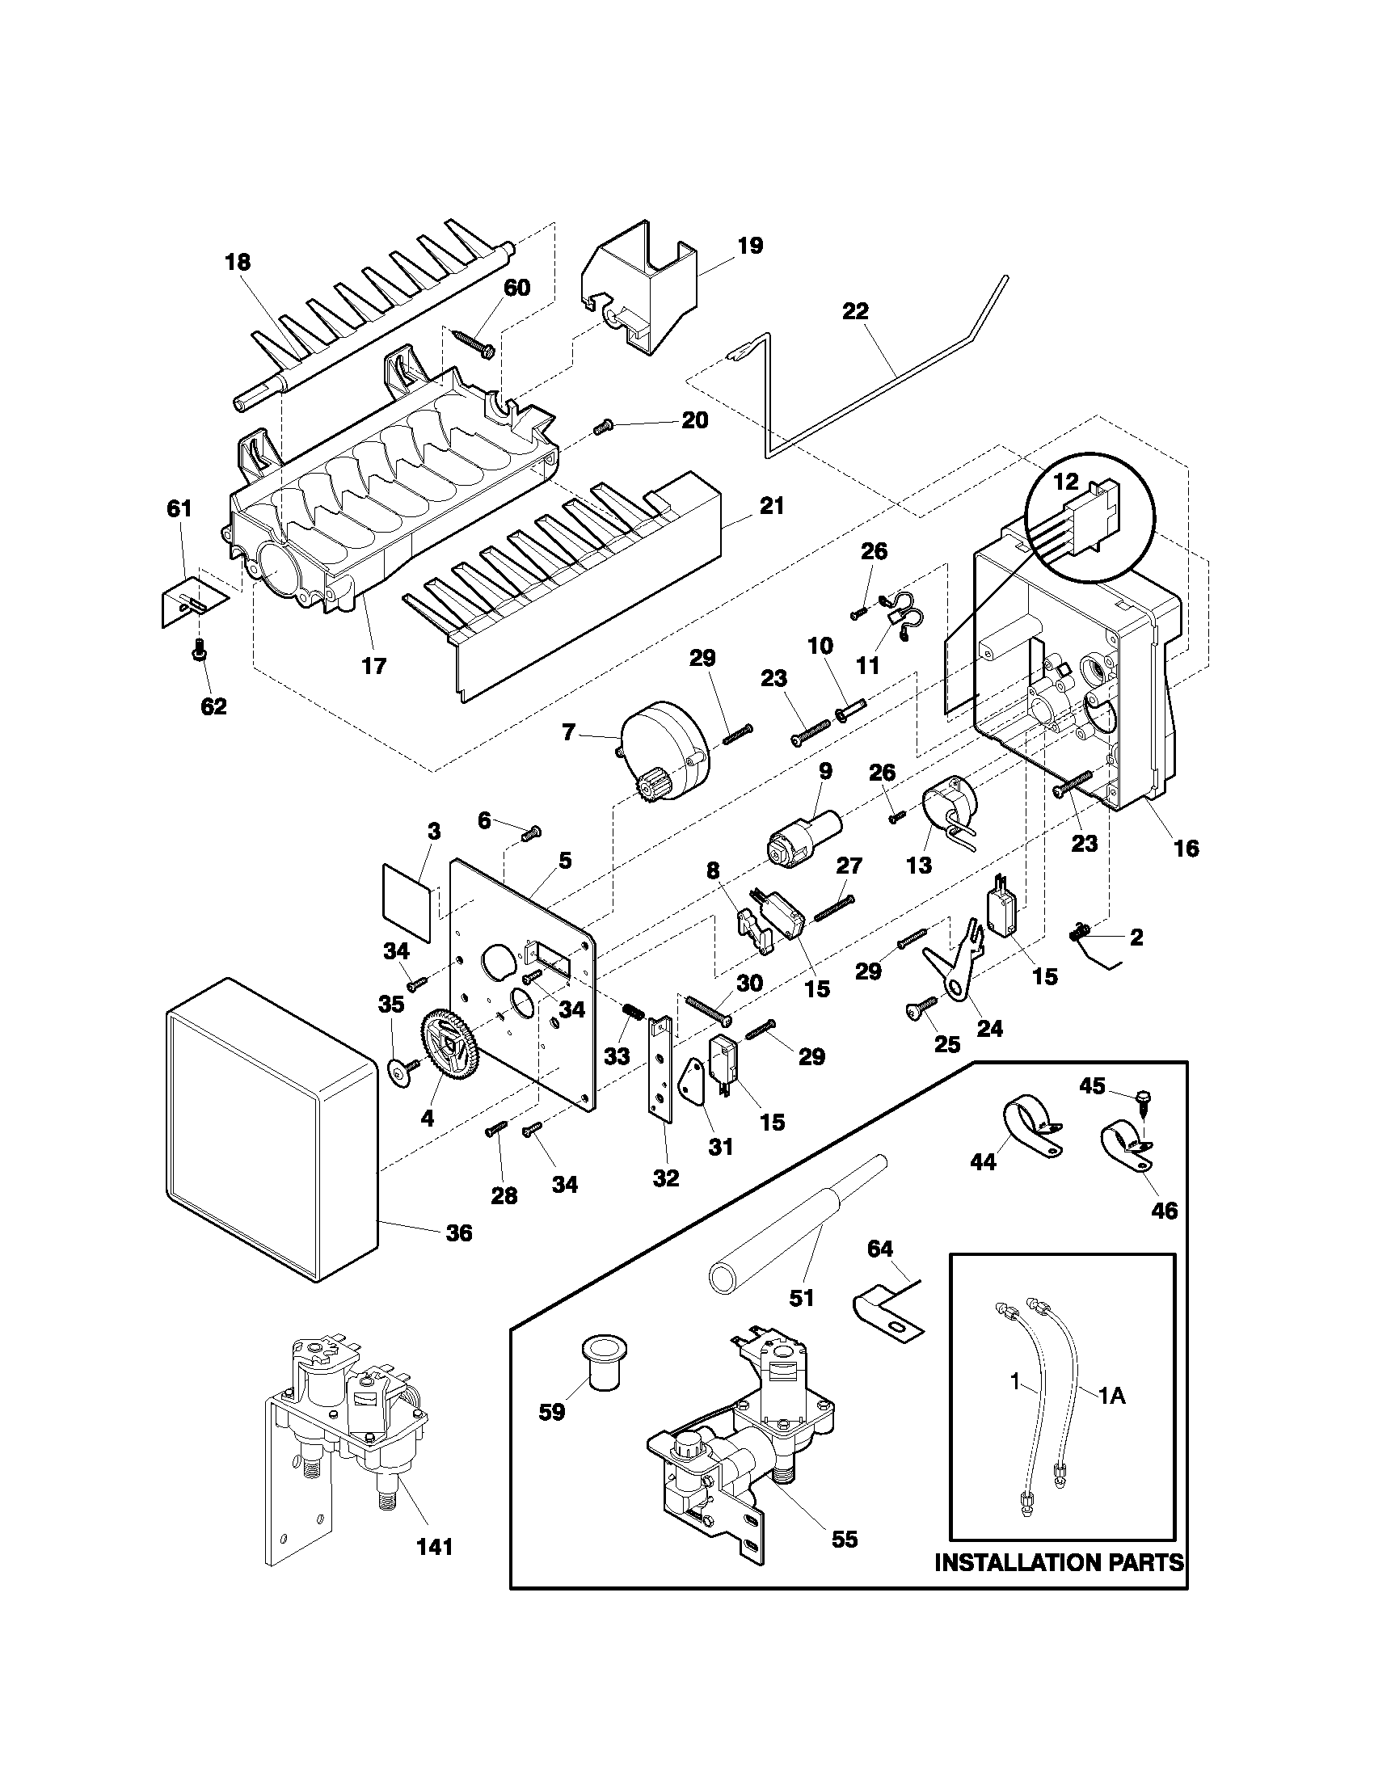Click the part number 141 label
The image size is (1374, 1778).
coord(435,1547)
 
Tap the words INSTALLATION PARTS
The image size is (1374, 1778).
coord(1059,1562)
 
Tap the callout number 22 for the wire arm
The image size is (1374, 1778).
coord(855,311)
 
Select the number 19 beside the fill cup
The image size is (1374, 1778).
coord(750,246)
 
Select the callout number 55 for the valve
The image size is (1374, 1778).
coord(845,1539)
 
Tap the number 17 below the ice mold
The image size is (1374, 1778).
coord(373,665)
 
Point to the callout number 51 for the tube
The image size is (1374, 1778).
coord(802,1298)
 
